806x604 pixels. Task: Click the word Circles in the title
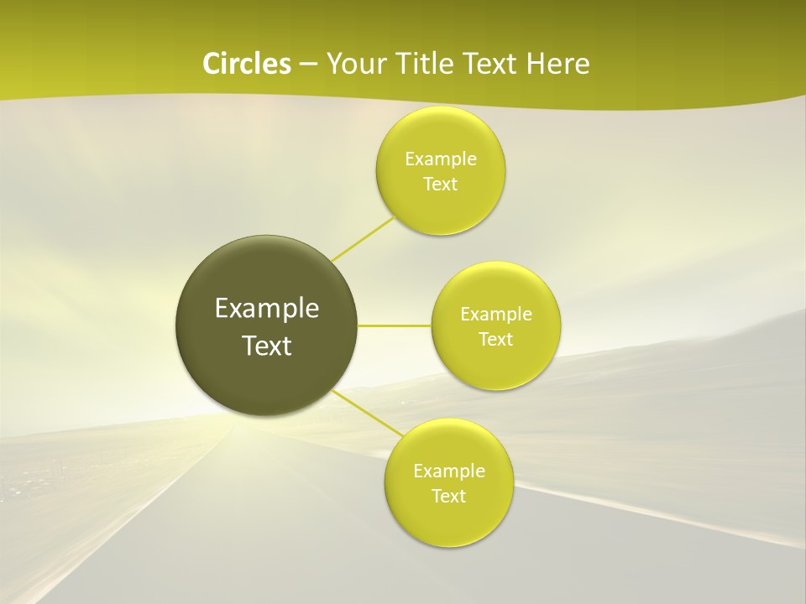(x=246, y=64)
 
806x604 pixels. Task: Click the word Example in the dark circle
(x=267, y=309)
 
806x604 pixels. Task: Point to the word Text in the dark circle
(x=267, y=346)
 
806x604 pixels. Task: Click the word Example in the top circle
(x=441, y=159)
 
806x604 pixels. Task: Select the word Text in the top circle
(x=441, y=185)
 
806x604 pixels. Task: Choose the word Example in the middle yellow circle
(x=496, y=315)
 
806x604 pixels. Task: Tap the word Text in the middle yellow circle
(x=496, y=340)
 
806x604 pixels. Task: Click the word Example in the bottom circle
(x=448, y=471)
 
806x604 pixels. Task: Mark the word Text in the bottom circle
(x=448, y=497)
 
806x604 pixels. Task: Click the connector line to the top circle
(x=364, y=238)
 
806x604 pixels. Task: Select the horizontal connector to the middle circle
(x=395, y=325)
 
